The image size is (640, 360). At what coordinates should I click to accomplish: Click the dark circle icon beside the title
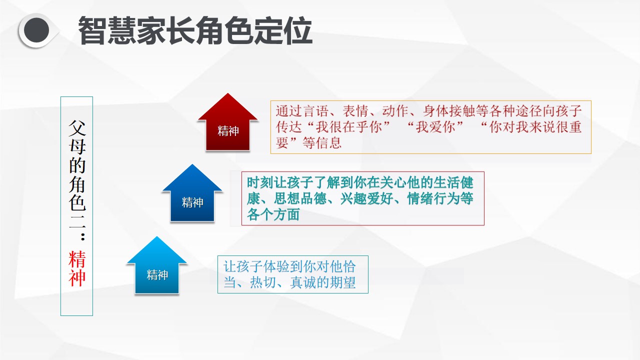click(x=36, y=30)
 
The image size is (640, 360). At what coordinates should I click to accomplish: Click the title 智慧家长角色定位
click(x=195, y=30)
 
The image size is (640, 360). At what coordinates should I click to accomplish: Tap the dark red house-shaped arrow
click(x=227, y=122)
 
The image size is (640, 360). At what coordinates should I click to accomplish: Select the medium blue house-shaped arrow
click(x=192, y=193)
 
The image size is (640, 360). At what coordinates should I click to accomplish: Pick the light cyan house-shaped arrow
click(x=156, y=265)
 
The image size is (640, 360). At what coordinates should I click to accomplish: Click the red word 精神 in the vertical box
click(x=77, y=268)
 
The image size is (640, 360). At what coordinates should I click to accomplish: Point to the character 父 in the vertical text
click(x=77, y=128)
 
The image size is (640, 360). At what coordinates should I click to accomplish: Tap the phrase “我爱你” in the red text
click(x=435, y=127)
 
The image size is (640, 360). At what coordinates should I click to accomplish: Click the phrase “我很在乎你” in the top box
click(x=349, y=127)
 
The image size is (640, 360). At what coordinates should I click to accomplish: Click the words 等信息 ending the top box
click(x=322, y=143)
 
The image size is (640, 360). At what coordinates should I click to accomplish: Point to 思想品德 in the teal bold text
click(x=300, y=198)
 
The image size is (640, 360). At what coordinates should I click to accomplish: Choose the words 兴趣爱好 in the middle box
click(x=367, y=198)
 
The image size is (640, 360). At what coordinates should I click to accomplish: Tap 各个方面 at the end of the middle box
click(x=273, y=214)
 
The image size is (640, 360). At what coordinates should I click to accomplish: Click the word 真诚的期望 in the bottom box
click(x=323, y=282)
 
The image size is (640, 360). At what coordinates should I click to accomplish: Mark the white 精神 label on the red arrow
click(x=228, y=131)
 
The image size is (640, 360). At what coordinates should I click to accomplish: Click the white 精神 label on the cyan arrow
click(x=157, y=275)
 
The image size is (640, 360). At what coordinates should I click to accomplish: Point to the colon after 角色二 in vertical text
click(x=83, y=236)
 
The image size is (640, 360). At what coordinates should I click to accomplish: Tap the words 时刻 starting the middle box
click(x=260, y=182)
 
